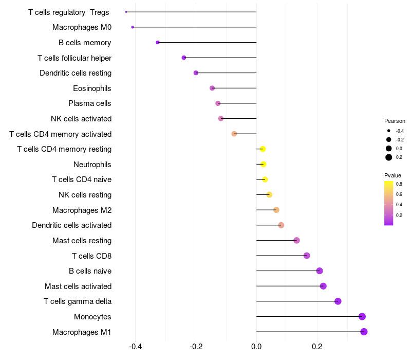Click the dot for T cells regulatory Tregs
pyautogui.click(x=126, y=12)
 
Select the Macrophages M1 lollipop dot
pyautogui.click(x=364, y=332)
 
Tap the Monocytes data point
pyautogui.click(x=362, y=316)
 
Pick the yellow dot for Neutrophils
pyautogui.click(x=263, y=164)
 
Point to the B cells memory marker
pyautogui.click(x=158, y=43)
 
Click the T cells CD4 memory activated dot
pyautogui.click(x=234, y=134)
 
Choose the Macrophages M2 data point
pyautogui.click(x=276, y=210)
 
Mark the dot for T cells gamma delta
pyautogui.click(x=338, y=301)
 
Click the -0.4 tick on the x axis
pyautogui.click(x=135, y=347)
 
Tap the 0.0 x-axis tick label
pyautogui.click(x=256, y=347)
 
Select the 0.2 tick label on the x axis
pyautogui.click(x=317, y=347)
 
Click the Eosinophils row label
pyautogui.click(x=92, y=88)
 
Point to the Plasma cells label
pyautogui.click(x=89, y=103)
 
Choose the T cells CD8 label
pyautogui.click(x=92, y=256)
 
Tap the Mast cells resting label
pyautogui.click(x=82, y=241)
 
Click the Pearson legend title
pyautogui.click(x=395, y=121)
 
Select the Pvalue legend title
pyautogui.click(x=393, y=175)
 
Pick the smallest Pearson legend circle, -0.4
pyautogui.click(x=389, y=131)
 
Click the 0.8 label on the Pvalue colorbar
pyautogui.click(x=399, y=184)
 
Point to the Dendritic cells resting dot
pyautogui.click(x=196, y=73)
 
